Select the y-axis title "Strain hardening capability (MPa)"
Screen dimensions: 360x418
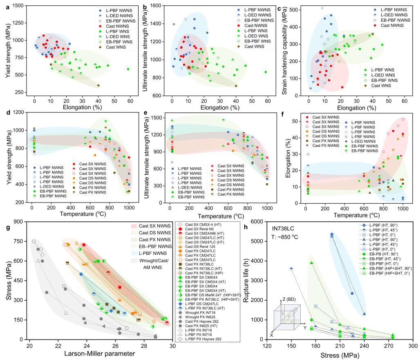284,51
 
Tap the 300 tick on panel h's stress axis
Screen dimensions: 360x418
413,346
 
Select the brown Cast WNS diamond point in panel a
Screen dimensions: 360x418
98,85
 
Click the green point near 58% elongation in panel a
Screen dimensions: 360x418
128,69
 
